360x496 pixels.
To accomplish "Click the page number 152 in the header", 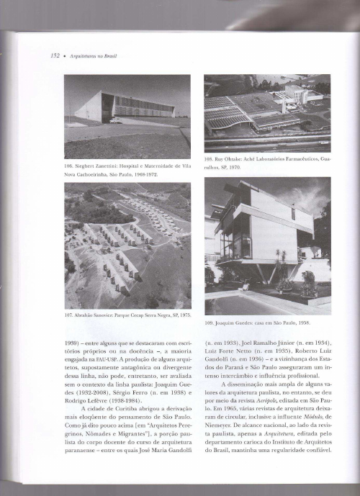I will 54,55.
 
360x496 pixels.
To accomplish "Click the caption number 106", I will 69,166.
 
